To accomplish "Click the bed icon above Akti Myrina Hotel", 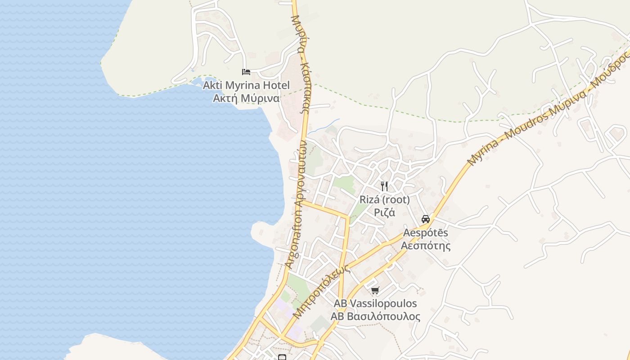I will click(246, 72).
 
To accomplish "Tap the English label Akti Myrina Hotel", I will click(246, 85).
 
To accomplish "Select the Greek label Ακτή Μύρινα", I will click(246, 98).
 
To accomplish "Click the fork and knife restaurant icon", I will click(384, 186).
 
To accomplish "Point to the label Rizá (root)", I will click(384, 199).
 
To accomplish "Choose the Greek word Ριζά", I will click(384, 212).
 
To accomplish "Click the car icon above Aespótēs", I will click(425, 219).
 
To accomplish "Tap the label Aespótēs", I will click(426, 233).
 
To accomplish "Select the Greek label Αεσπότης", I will click(426, 246).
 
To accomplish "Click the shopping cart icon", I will click(375, 290).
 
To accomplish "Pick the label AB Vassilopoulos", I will click(375, 304).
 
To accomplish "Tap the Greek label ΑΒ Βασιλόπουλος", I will click(375, 316).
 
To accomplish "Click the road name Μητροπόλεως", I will click(321, 292).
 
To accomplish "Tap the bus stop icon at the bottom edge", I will click(282, 357).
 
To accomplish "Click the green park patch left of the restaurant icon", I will click(344, 183).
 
